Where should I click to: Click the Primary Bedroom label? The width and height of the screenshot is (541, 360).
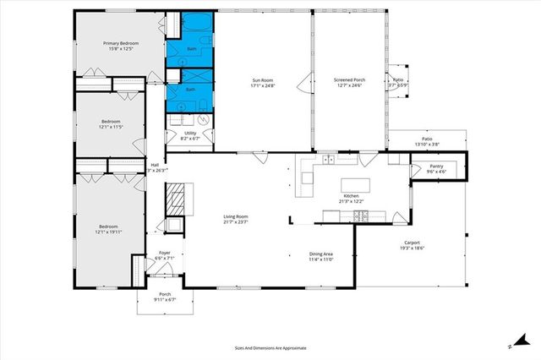pos(120,43)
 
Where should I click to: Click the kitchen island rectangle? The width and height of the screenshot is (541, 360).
pos(354,184)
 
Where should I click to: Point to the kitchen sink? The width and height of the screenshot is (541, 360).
pos(328,160)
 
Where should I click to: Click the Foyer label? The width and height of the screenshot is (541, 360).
pos(165,254)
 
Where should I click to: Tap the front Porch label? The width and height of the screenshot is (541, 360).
pos(165,295)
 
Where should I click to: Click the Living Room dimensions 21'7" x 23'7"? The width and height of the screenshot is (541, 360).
pos(235,223)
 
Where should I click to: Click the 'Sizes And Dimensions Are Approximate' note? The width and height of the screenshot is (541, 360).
pos(270,347)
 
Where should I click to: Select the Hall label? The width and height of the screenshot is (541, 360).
pos(154,165)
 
